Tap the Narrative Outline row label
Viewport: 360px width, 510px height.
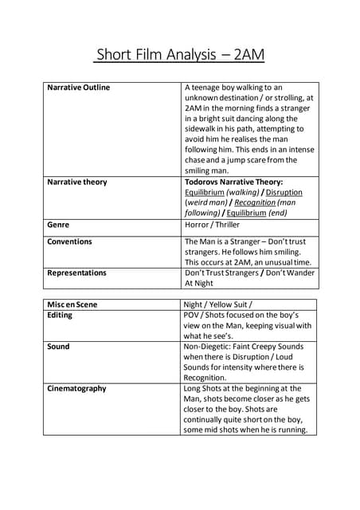[x=79, y=88]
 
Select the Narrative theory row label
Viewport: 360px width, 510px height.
[x=77, y=182]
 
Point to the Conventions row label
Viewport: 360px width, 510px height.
[x=69, y=241]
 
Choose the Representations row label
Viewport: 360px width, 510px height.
[x=76, y=273]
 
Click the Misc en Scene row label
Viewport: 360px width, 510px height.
[x=73, y=304]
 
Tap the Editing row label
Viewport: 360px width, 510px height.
[x=60, y=316]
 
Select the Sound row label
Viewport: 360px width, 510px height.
[x=58, y=347]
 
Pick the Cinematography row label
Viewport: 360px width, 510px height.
[x=76, y=389]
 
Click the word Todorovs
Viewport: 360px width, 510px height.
[x=205, y=182]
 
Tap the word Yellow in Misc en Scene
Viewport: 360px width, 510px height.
[x=231, y=304]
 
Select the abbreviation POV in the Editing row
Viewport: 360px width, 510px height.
[x=194, y=316]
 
